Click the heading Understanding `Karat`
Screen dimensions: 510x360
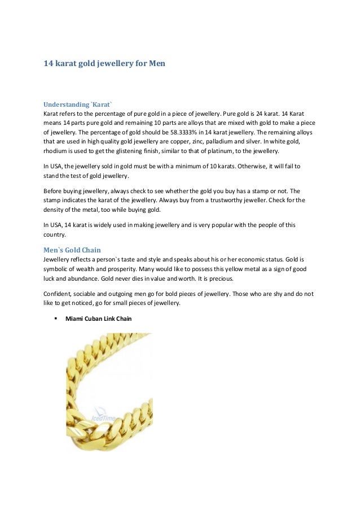[x=78, y=104]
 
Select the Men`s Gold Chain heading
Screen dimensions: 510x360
[x=73, y=250]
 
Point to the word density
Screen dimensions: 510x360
[x=55, y=210]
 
